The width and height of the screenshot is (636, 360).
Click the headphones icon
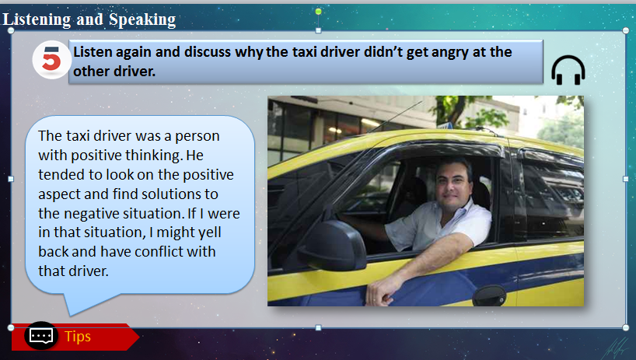568,70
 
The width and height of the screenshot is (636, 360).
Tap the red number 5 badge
51,60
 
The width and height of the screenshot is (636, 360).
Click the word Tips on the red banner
78,337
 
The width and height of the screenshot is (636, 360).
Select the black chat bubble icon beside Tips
41,336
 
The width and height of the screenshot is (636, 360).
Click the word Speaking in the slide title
142,19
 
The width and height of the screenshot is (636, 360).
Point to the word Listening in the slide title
37,19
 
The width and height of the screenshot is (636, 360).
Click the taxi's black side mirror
333,245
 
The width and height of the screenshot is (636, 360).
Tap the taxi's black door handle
489,295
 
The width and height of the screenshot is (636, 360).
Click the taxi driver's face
453,185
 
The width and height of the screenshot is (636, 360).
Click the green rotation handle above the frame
319,12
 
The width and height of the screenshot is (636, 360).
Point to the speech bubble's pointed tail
72,313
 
